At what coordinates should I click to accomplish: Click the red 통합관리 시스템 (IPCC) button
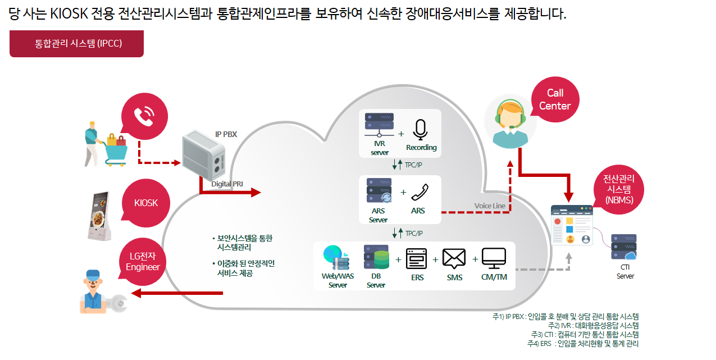click(76, 44)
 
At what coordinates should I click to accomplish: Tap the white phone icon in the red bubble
click(144, 116)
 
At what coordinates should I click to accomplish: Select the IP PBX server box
click(204, 155)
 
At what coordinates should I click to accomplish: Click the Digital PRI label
click(227, 184)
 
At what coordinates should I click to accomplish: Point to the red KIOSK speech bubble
click(146, 203)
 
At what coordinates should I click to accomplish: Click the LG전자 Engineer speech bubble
click(143, 262)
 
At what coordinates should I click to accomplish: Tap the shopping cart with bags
click(116, 149)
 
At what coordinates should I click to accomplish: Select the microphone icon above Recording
click(420, 130)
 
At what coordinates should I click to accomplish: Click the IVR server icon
click(379, 125)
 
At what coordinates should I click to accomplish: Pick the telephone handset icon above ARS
click(419, 192)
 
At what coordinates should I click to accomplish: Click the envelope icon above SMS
click(454, 258)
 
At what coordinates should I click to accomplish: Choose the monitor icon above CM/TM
click(494, 258)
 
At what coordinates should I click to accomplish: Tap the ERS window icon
click(416, 258)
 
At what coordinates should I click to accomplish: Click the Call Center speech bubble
click(555, 99)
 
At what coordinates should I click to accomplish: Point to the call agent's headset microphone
click(512, 127)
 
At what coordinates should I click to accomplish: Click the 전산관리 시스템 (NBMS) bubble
click(618, 189)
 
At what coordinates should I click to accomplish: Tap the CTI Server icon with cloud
click(624, 247)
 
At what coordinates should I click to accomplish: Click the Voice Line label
click(490, 206)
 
